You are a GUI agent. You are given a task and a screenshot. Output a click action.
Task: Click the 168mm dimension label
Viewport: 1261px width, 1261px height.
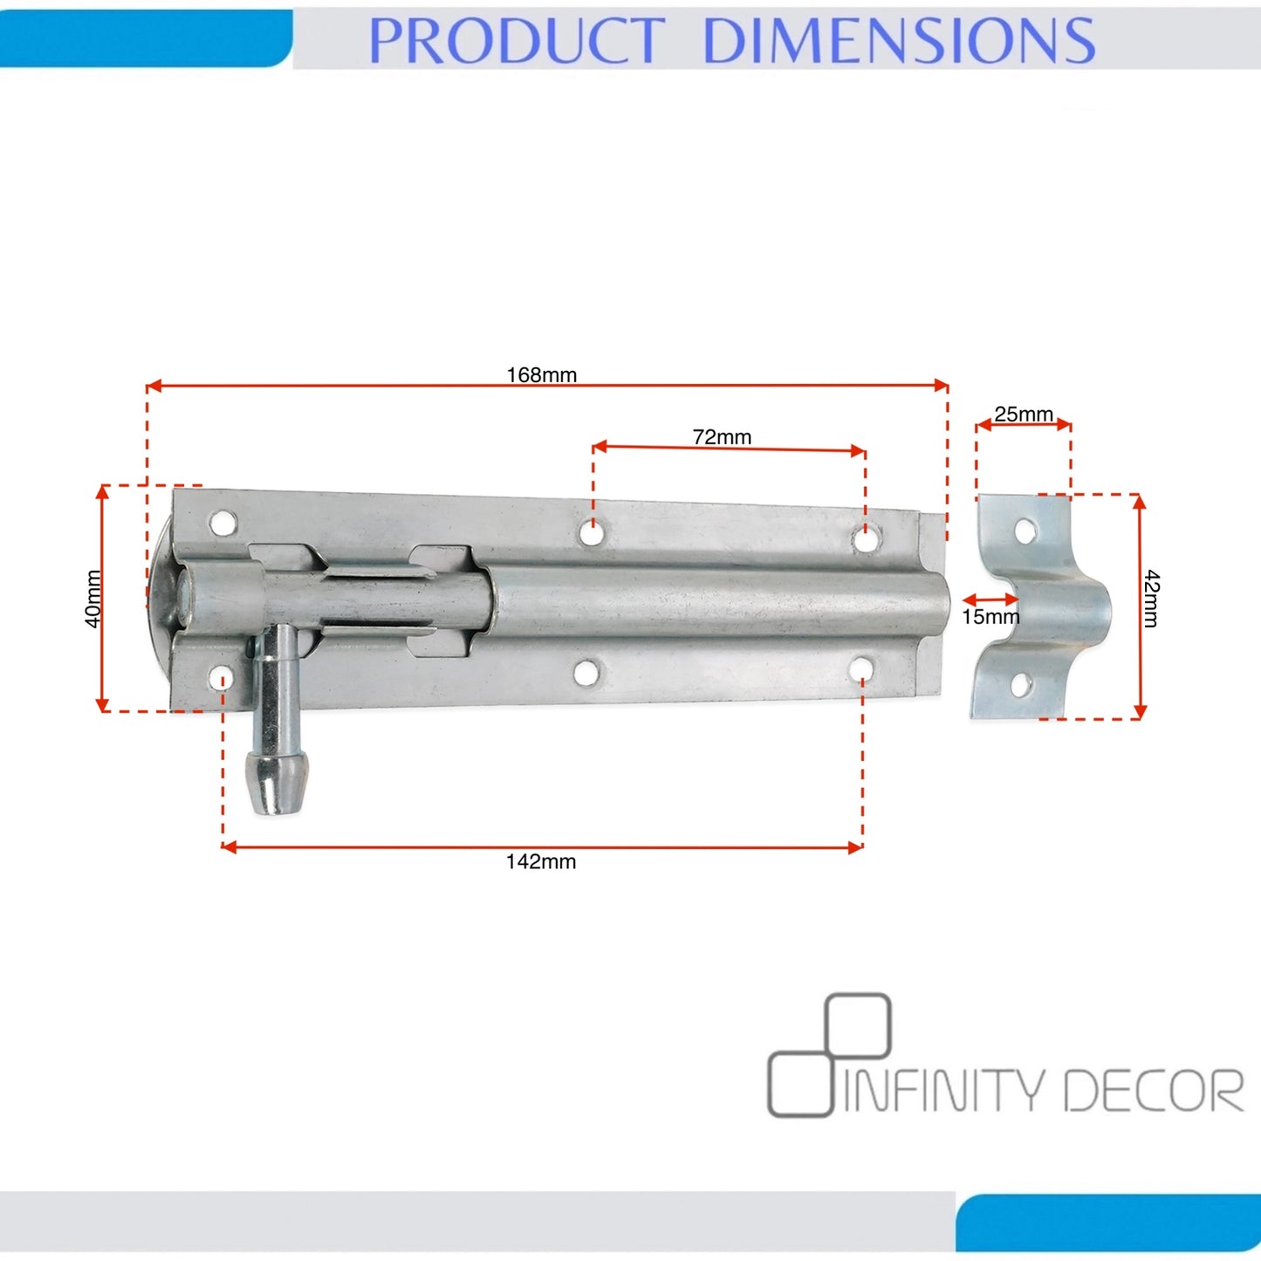click(542, 375)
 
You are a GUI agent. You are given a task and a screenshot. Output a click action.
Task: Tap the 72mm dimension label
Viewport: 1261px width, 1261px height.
click(722, 436)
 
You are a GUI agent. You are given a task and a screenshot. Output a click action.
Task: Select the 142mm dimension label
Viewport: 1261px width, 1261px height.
click(541, 861)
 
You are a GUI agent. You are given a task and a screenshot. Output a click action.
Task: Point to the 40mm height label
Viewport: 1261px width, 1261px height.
click(93, 599)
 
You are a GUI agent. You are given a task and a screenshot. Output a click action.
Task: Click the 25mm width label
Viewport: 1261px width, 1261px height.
click(1024, 414)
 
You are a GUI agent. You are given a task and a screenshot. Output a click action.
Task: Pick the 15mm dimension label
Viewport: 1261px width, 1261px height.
click(990, 616)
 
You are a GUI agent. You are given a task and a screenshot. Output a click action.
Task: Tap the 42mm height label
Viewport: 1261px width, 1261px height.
click(1151, 598)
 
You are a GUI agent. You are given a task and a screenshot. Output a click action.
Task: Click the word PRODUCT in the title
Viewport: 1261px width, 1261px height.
click(517, 40)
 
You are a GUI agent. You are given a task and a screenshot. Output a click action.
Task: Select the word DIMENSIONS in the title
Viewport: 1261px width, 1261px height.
click(899, 40)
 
